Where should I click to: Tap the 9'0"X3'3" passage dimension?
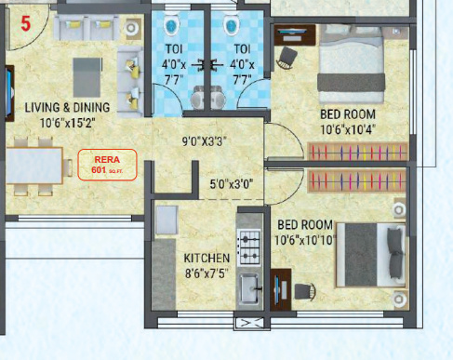click(x=205, y=142)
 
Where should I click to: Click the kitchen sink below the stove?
click(x=248, y=288)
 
